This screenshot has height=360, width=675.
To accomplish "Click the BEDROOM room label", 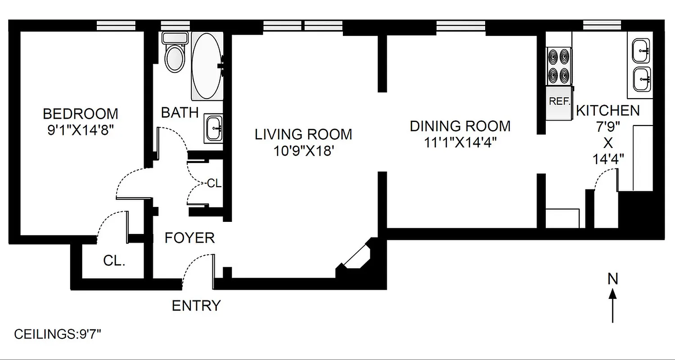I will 80,113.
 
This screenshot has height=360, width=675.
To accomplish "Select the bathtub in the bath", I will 207,66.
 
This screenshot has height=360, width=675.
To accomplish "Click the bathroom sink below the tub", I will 214,128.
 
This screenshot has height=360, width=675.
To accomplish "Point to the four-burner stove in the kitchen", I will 559,66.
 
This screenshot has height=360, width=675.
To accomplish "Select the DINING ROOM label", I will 460,126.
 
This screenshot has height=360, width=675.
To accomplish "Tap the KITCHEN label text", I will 607,110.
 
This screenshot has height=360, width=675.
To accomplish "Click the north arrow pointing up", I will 612,306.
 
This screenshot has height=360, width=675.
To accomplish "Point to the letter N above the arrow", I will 612,279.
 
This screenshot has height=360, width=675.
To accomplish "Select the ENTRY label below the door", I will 196,306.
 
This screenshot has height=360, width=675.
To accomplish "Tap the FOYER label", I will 189,238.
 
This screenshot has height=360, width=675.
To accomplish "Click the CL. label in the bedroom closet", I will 114,261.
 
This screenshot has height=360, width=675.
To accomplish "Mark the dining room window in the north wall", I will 460,27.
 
